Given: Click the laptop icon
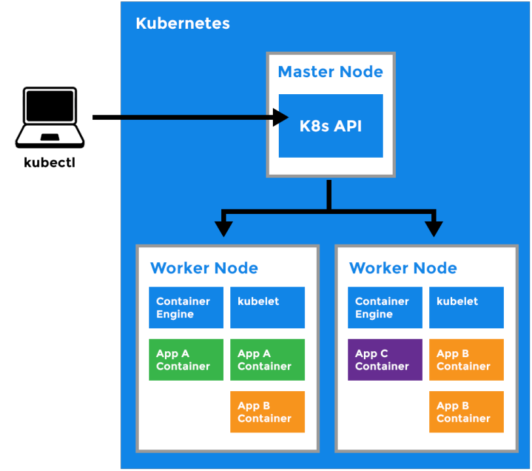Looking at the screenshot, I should (x=50, y=118).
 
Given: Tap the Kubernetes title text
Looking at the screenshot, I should (x=183, y=24).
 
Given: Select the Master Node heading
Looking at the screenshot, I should (x=330, y=72).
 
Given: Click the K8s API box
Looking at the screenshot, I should (x=330, y=126).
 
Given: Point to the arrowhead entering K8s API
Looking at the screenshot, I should (x=281, y=118).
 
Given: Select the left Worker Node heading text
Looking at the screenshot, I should (x=204, y=268).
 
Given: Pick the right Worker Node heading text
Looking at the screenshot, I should (x=403, y=268).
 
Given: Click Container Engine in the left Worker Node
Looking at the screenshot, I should (x=186, y=307).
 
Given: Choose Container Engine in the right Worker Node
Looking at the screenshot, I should (x=385, y=307).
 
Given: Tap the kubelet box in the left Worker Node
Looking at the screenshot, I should (x=268, y=307).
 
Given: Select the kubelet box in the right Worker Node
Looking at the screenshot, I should (x=467, y=307).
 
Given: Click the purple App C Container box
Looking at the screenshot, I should (x=385, y=360).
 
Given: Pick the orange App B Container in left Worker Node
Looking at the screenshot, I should (x=268, y=412).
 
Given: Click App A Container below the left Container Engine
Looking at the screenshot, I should (x=186, y=360).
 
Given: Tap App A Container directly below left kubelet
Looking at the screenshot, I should (x=268, y=360).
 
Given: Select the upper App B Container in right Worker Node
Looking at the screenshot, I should (x=467, y=360).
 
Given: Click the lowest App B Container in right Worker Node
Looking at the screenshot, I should (x=467, y=412).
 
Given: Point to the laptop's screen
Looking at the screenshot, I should (x=50, y=107).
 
